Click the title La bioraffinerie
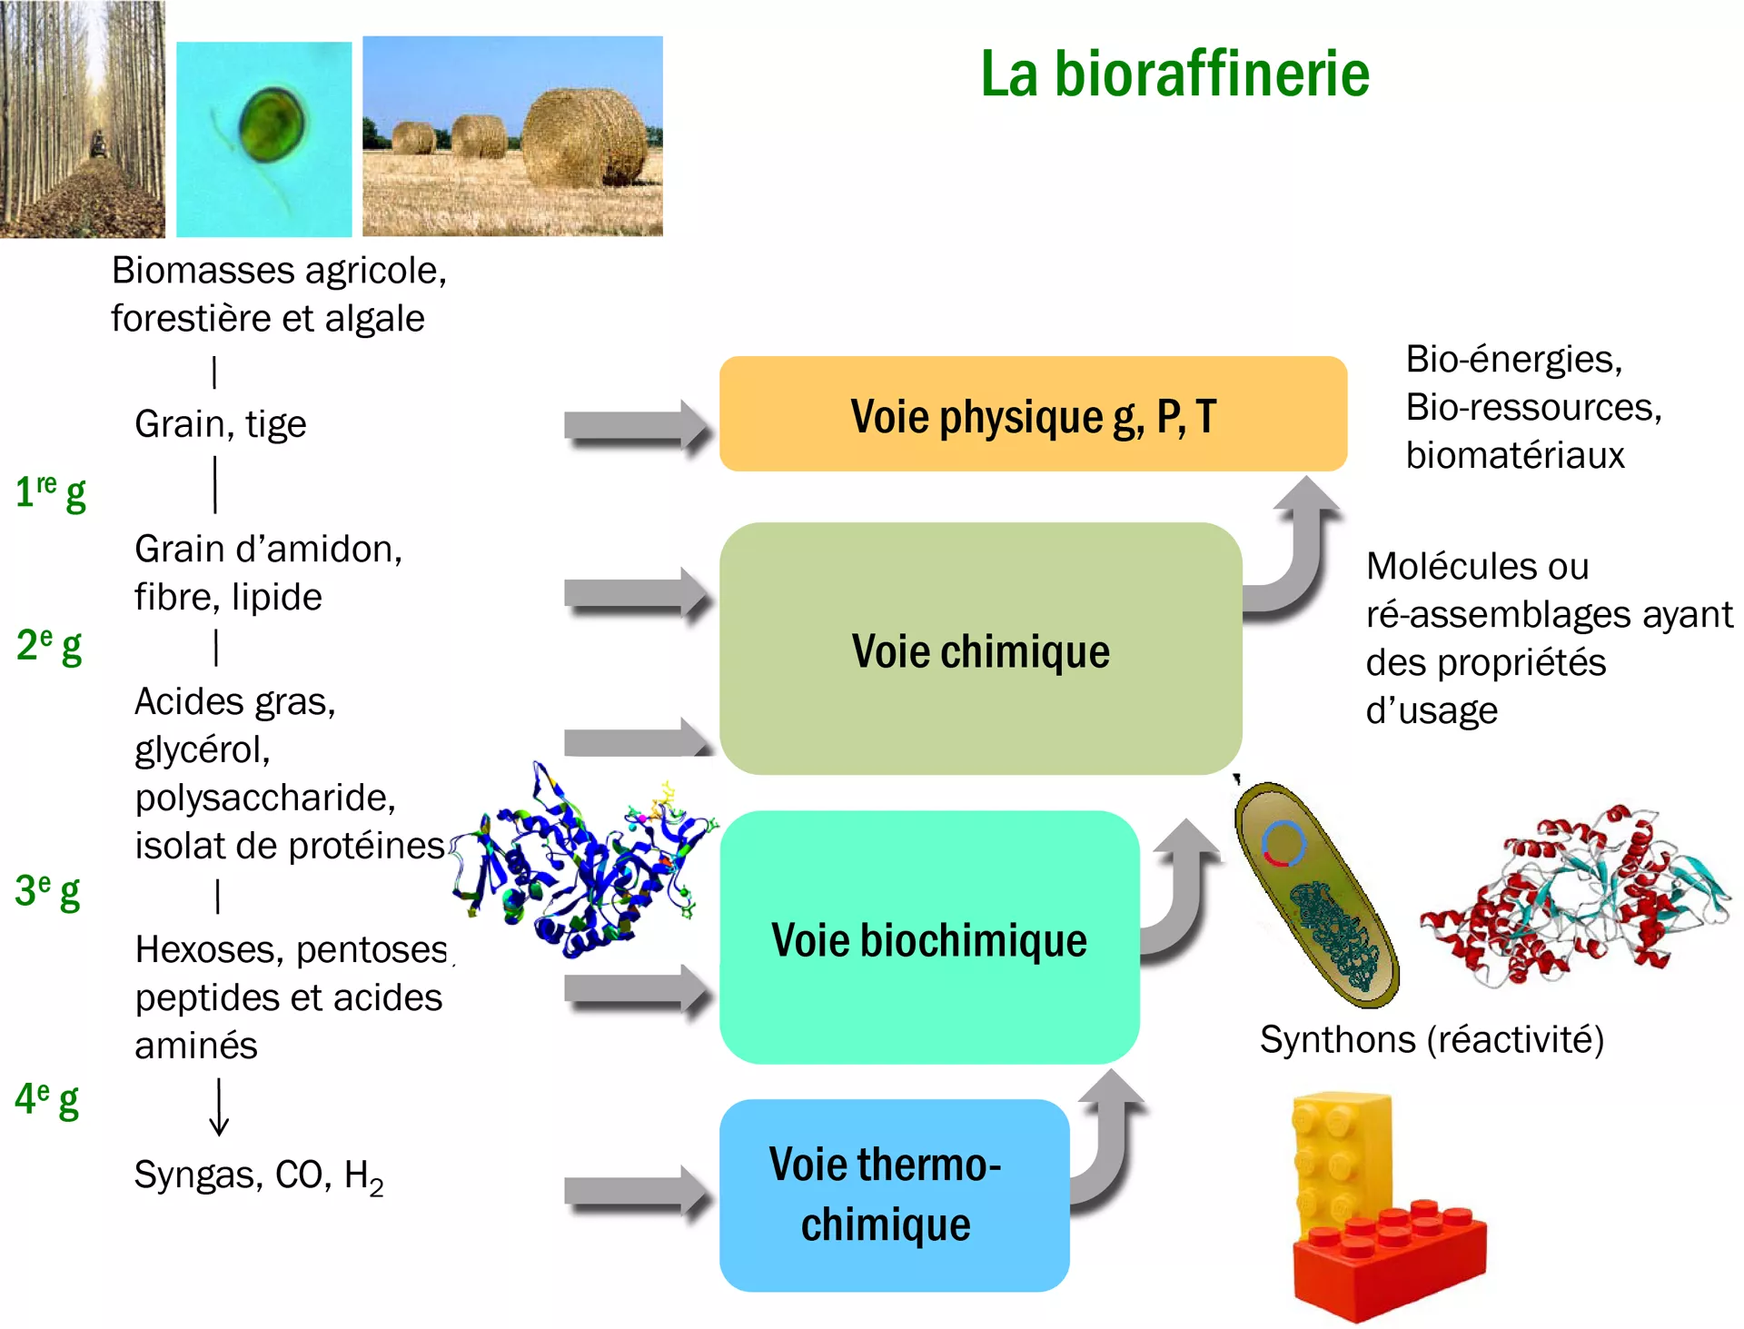(x=1174, y=74)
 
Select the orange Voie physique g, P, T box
(x=1033, y=414)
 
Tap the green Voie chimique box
(x=980, y=650)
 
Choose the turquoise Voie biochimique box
(x=928, y=938)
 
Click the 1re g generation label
(x=51, y=491)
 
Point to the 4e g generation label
(x=47, y=1099)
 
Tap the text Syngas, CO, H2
(x=259, y=1175)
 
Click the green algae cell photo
(x=263, y=139)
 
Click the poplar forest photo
(x=82, y=119)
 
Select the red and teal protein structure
(x=1576, y=895)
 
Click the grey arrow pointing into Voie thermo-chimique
(x=636, y=1194)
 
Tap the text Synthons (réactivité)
(x=1432, y=1039)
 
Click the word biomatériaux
(x=1514, y=455)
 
